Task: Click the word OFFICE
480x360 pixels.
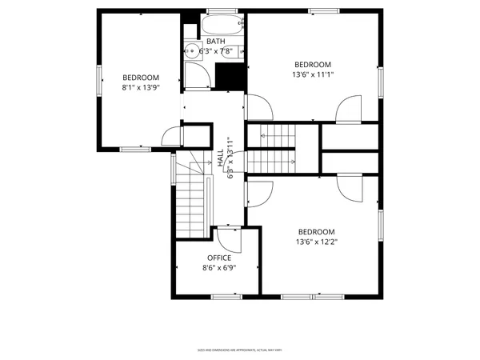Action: click(x=219, y=258)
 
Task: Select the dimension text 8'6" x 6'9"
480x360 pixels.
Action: click(x=219, y=269)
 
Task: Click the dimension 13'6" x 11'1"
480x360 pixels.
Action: click(x=314, y=75)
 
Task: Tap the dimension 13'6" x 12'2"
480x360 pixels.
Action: click(x=316, y=242)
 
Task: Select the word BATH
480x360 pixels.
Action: click(x=215, y=42)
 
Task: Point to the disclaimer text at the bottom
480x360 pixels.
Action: click(x=240, y=350)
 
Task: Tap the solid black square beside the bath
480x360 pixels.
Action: click(x=230, y=77)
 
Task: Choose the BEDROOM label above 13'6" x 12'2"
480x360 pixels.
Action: click(x=316, y=232)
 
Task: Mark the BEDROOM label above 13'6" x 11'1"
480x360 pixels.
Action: click(x=313, y=65)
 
